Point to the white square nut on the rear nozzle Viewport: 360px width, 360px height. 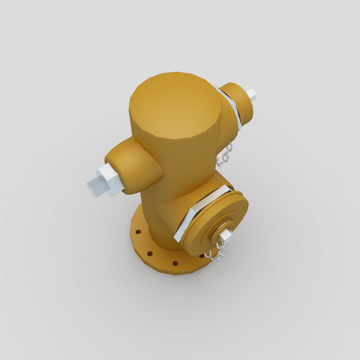[x=252, y=95]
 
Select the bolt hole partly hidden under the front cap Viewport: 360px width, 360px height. [x=202, y=256]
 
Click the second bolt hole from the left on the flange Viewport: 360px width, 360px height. [x=150, y=254]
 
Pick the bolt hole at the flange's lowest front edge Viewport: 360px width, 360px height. [x=175, y=263]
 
